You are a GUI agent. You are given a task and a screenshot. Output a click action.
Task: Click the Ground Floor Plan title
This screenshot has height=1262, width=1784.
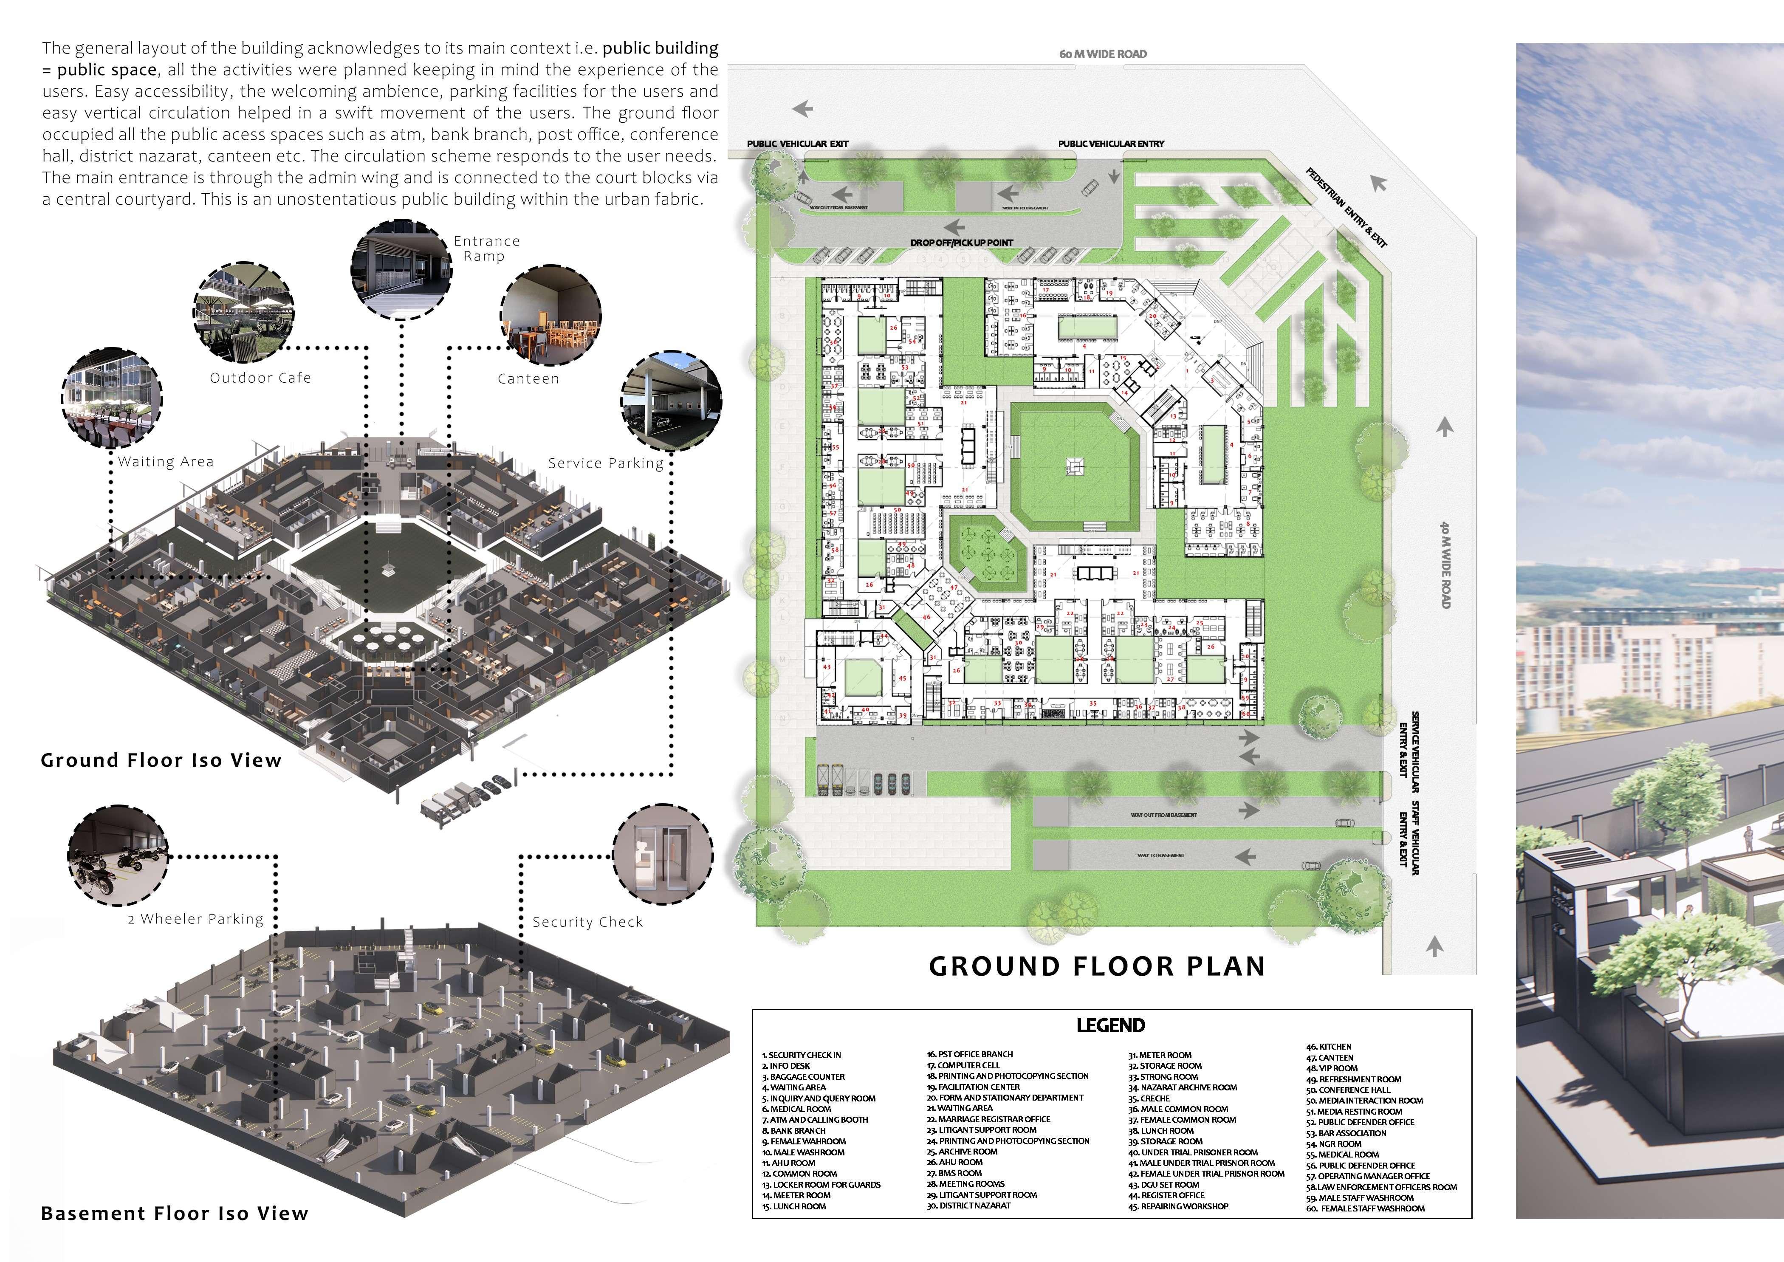[x=1096, y=966]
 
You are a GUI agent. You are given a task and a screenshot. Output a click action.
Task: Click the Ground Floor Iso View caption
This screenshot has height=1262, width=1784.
[x=161, y=760]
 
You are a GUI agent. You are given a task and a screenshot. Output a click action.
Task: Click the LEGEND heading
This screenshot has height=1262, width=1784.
[x=1110, y=1025]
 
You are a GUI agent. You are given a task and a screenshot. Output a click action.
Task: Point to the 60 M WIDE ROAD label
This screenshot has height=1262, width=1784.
[x=1103, y=54]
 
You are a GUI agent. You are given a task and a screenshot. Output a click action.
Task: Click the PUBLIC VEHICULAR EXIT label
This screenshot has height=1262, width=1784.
[x=797, y=144]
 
